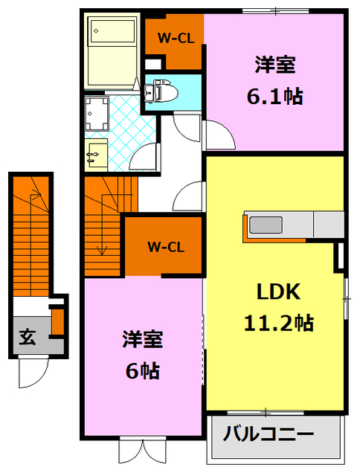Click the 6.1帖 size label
pos(275,97)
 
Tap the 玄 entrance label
pos(27,338)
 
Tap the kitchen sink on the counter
pos(265,224)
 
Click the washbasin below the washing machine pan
pos(94,155)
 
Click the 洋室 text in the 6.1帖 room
pos(275,65)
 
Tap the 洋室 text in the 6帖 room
pos(143,340)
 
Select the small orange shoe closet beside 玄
pos(57,321)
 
